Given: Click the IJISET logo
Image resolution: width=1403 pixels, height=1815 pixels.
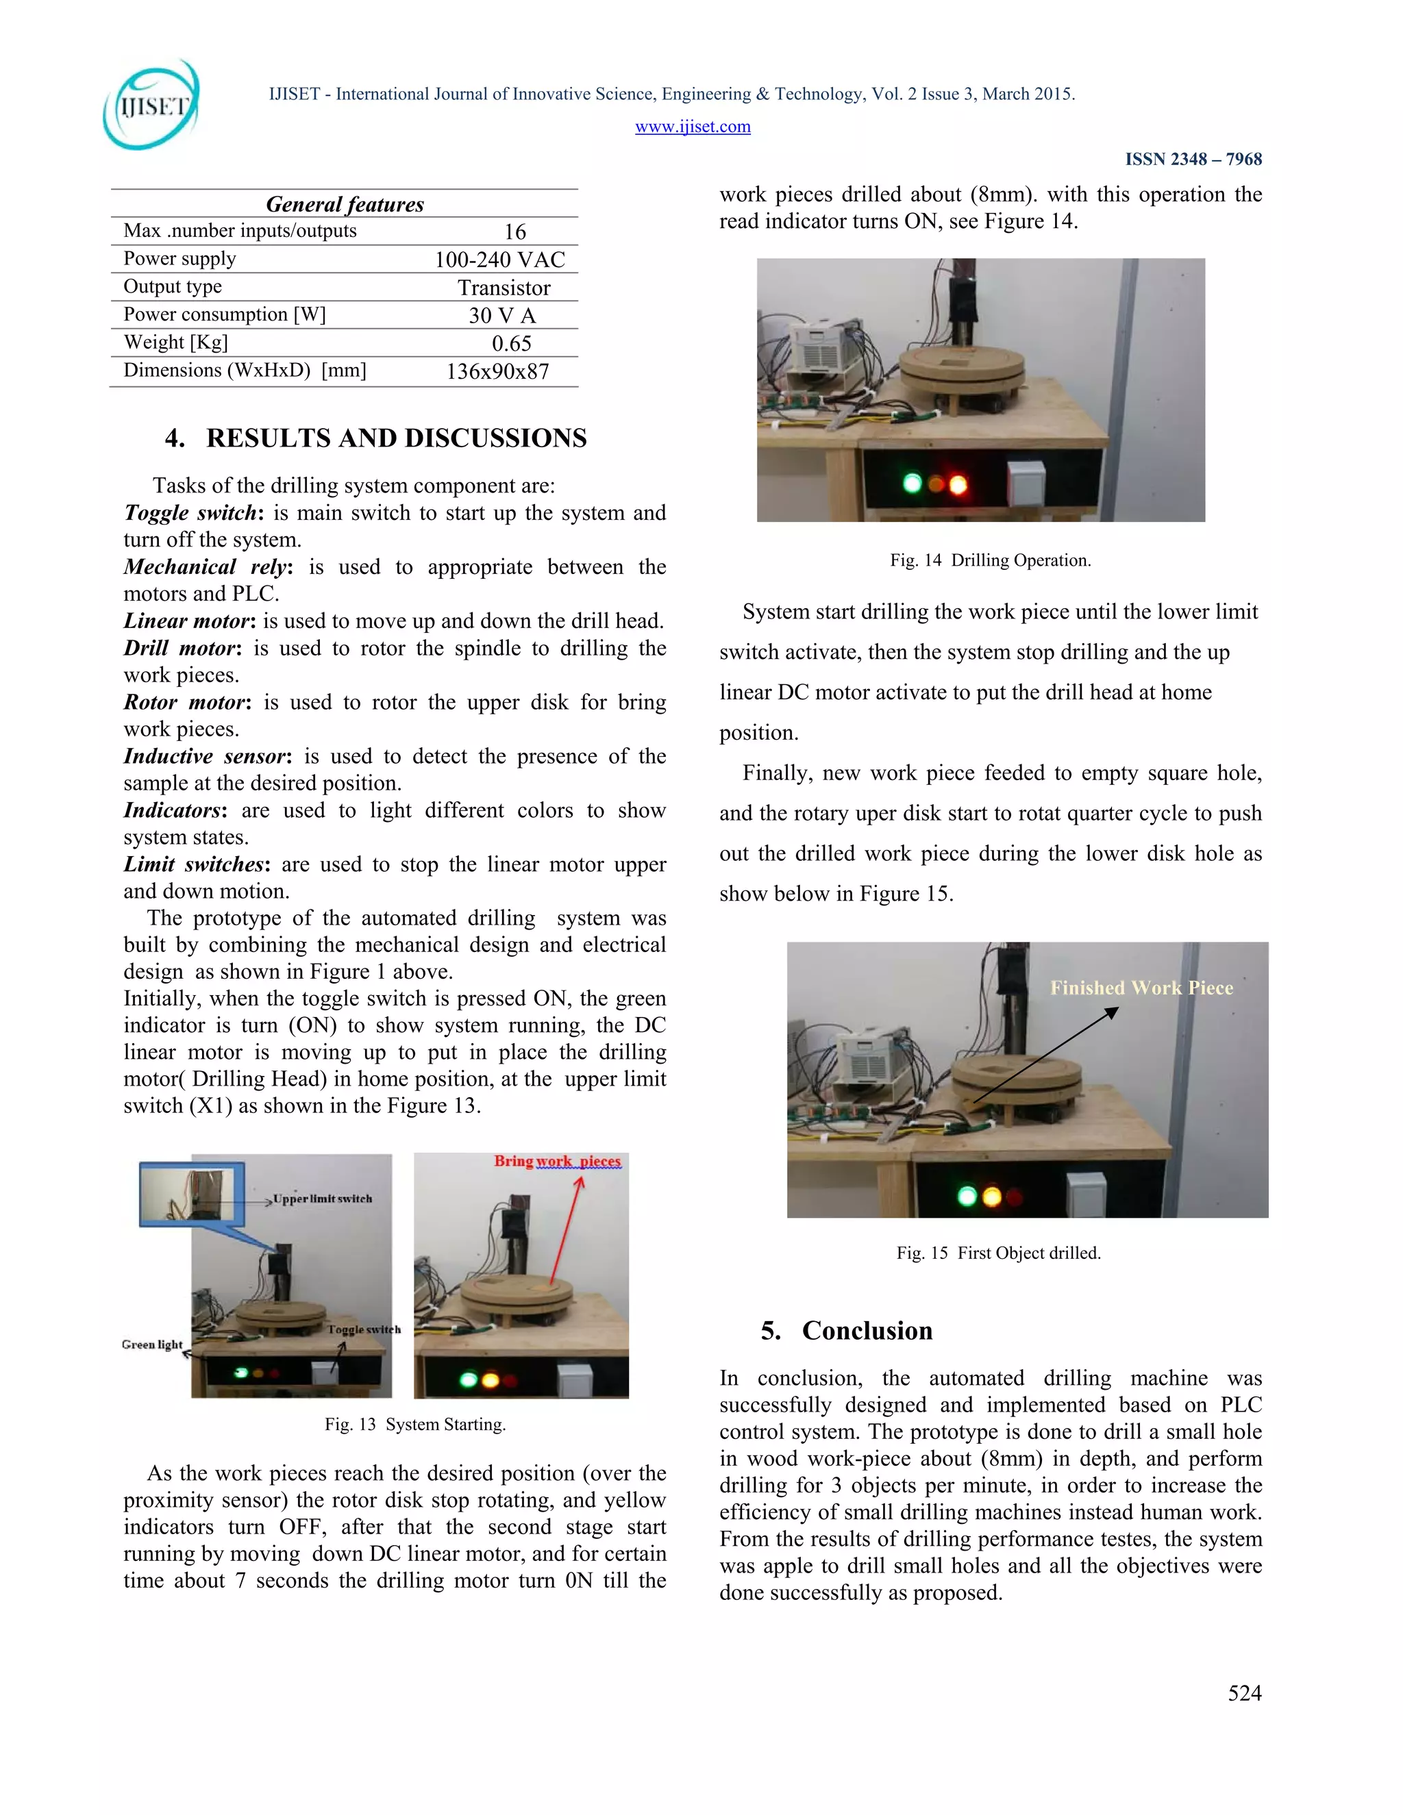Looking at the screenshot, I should pyautogui.click(x=151, y=105).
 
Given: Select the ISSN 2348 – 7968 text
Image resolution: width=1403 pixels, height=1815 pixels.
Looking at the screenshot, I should pyautogui.click(x=1193, y=159).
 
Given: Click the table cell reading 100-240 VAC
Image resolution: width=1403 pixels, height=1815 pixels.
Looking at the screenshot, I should pyautogui.click(x=499, y=260).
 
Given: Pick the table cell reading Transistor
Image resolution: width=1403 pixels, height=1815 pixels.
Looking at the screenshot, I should pyautogui.click(x=504, y=288).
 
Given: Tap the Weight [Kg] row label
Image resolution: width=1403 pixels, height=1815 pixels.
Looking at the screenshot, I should pyautogui.click(x=175, y=342).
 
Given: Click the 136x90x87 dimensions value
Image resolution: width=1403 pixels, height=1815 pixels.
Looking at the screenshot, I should pyautogui.click(x=498, y=371).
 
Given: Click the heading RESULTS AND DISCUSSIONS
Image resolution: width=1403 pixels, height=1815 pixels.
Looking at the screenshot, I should pyautogui.click(x=396, y=438).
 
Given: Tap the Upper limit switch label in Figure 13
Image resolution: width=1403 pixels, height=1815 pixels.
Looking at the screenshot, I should pyautogui.click(x=323, y=1199).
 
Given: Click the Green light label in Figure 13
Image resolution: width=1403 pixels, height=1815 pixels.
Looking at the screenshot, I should pyautogui.click(x=152, y=1344).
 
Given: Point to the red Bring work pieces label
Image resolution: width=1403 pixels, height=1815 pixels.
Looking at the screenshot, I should pyautogui.click(x=557, y=1161).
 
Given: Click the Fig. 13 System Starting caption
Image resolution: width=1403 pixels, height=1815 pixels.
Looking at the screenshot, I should pyautogui.click(x=414, y=1425).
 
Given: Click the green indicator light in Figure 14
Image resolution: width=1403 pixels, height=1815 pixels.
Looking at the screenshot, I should pyautogui.click(x=912, y=483).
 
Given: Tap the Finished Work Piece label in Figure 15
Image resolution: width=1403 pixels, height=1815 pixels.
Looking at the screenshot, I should pyautogui.click(x=1141, y=987).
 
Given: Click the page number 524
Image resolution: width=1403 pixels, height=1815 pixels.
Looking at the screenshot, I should pyautogui.click(x=1244, y=1694).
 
